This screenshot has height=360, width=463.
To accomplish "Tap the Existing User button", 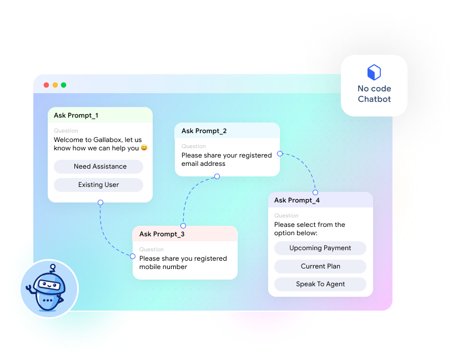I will [x=98, y=185].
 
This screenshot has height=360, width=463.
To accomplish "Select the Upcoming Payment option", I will [x=320, y=248].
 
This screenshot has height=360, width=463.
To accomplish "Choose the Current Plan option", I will [x=320, y=266].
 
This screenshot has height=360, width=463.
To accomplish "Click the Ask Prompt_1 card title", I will [x=76, y=115].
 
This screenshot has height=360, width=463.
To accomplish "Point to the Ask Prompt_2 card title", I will [x=204, y=131].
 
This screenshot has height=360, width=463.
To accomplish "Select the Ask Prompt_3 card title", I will [x=162, y=234].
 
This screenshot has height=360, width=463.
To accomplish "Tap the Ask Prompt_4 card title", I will [x=296, y=200].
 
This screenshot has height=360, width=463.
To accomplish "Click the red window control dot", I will [x=46, y=85].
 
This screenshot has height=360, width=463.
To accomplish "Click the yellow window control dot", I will [x=55, y=85].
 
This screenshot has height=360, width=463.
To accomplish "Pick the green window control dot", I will [x=63, y=85].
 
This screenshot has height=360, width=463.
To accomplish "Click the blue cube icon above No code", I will [x=374, y=72].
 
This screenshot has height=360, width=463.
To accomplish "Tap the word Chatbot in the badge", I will [x=374, y=99].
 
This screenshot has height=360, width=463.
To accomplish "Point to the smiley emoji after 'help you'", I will [x=144, y=148].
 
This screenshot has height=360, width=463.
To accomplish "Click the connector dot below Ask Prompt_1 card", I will [x=100, y=202].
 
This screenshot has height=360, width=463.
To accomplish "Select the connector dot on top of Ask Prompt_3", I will [x=183, y=226].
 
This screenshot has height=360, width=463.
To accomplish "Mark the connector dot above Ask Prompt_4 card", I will [x=316, y=192].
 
